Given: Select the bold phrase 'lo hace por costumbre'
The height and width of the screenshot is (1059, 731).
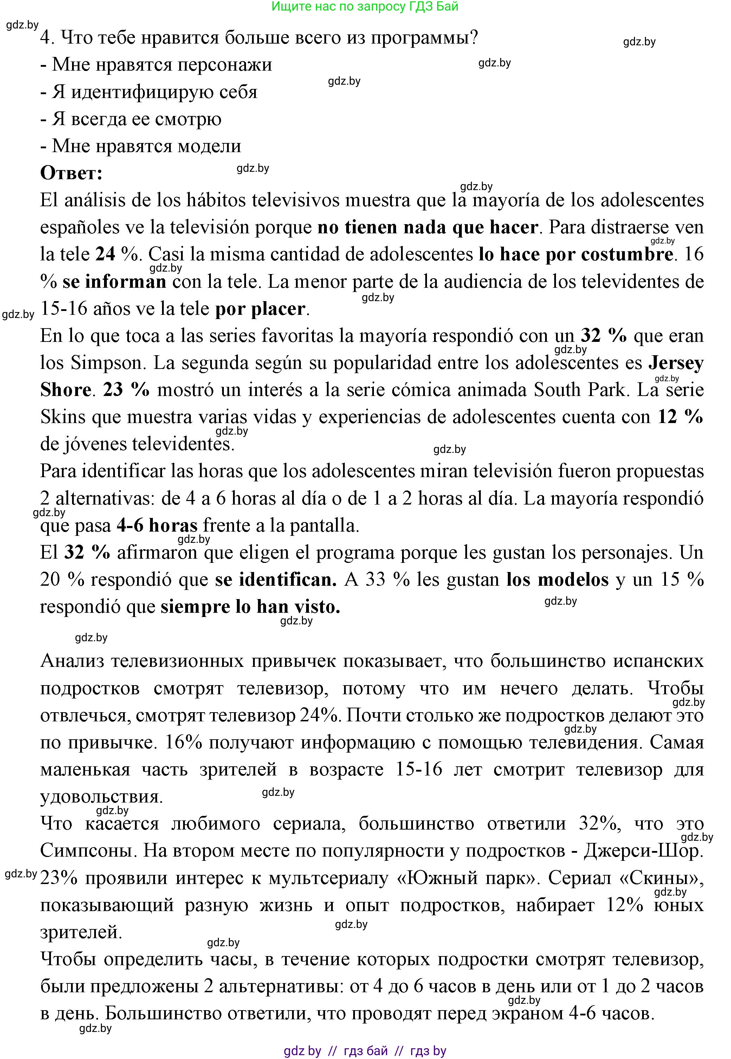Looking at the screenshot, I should pos(576,254).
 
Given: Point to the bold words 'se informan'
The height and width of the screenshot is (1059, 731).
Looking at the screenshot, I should pos(115,281).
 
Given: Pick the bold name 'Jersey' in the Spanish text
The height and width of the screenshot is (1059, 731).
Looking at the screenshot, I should pos(675,363).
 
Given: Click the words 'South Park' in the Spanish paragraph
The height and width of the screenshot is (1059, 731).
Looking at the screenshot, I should pos(580,390).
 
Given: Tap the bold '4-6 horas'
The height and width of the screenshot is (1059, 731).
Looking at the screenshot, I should pos(157,525).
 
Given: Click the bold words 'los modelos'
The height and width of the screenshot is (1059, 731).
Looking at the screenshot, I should pos(557,580).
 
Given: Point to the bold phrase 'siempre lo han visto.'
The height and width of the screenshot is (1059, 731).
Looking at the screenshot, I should pos(250,607).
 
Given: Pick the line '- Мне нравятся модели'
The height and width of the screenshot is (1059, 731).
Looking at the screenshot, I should pos(141,146).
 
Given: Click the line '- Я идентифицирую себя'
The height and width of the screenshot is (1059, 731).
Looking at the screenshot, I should pos(149,92).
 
